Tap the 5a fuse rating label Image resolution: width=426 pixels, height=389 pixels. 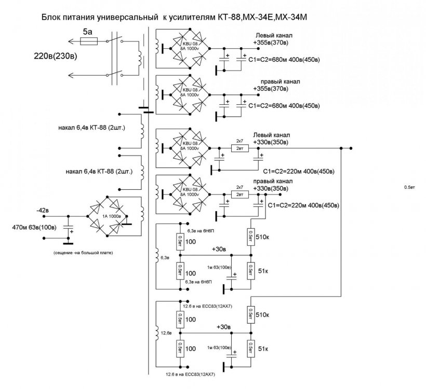pos(88,32)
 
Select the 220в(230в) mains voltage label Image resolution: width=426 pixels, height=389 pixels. pos(49,56)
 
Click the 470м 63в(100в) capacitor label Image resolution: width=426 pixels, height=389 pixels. pos(31,227)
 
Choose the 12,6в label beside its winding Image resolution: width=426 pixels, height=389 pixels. pos(167,332)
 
